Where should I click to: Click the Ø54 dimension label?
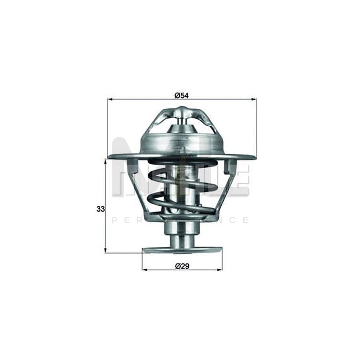coord(181,95)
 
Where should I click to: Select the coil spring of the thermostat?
coord(182,188)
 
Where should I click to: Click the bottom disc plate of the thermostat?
coord(182,250)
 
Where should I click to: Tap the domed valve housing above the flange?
coord(182,144)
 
